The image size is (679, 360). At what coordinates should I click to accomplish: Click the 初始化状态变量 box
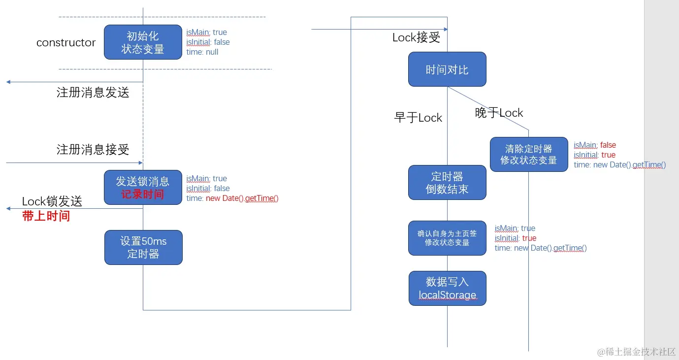(143, 42)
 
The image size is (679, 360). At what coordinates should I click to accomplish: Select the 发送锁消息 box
(143, 188)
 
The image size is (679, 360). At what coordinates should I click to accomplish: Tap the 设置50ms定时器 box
(143, 247)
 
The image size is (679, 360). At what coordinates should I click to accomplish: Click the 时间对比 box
(447, 69)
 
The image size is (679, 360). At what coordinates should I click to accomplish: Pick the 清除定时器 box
(528, 154)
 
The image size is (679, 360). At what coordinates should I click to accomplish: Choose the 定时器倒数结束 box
(447, 182)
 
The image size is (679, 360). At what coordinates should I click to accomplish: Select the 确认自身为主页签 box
(447, 238)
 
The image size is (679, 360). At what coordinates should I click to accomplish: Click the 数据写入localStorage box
(447, 288)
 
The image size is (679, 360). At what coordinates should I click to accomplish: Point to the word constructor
(66, 43)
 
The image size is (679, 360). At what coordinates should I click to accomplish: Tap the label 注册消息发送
(93, 93)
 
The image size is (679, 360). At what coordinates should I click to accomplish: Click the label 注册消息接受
(93, 150)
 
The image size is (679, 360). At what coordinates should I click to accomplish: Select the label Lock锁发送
(52, 201)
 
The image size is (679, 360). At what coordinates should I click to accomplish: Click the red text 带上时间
(46, 216)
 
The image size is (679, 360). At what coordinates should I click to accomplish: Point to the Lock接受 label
(416, 38)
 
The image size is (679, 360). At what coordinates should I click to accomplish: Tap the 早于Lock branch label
(418, 118)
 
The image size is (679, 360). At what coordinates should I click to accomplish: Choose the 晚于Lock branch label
(499, 113)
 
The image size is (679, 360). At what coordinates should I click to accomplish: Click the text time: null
(202, 52)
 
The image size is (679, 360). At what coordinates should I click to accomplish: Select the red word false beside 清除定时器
(608, 145)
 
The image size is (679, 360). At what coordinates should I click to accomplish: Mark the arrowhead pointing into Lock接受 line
(445, 30)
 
